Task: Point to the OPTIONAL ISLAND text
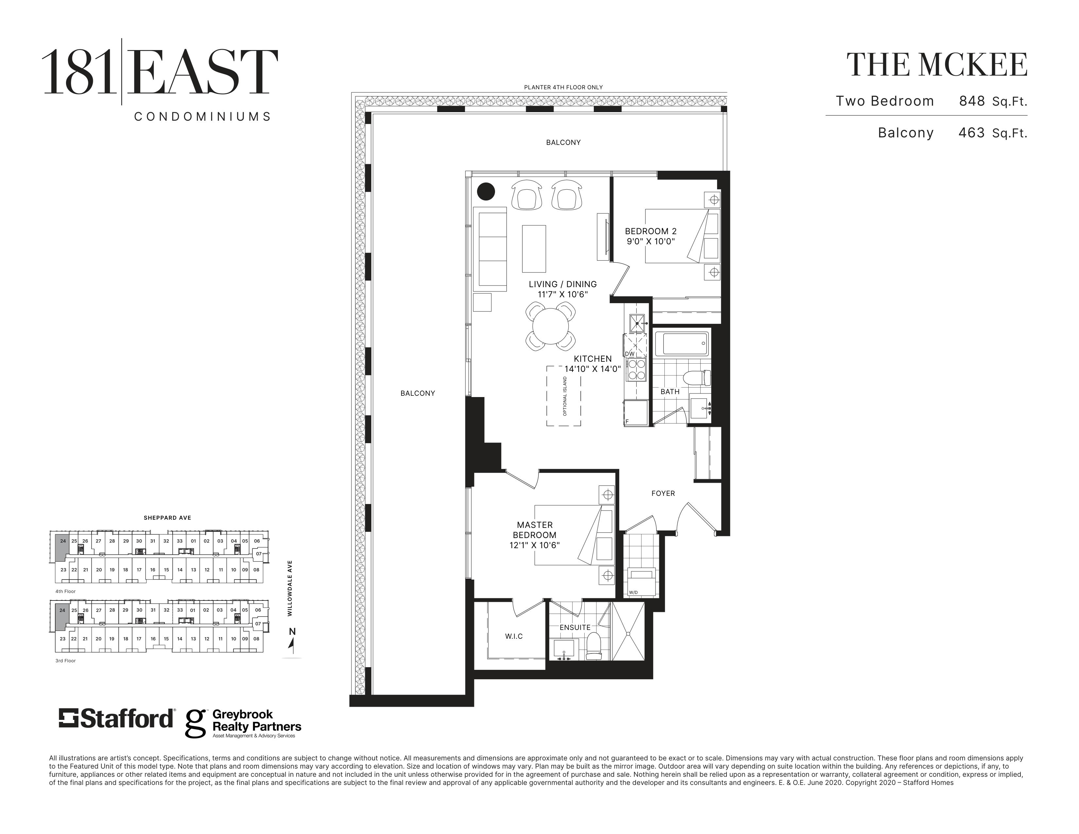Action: pos(565,396)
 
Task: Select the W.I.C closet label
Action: pos(514,636)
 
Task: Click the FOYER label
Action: pos(663,493)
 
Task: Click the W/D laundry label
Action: pos(633,592)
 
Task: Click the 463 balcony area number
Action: pos(972,132)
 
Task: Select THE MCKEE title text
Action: pos(937,65)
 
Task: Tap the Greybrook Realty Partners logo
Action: pos(243,724)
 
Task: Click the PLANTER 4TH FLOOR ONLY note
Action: pos(563,87)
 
